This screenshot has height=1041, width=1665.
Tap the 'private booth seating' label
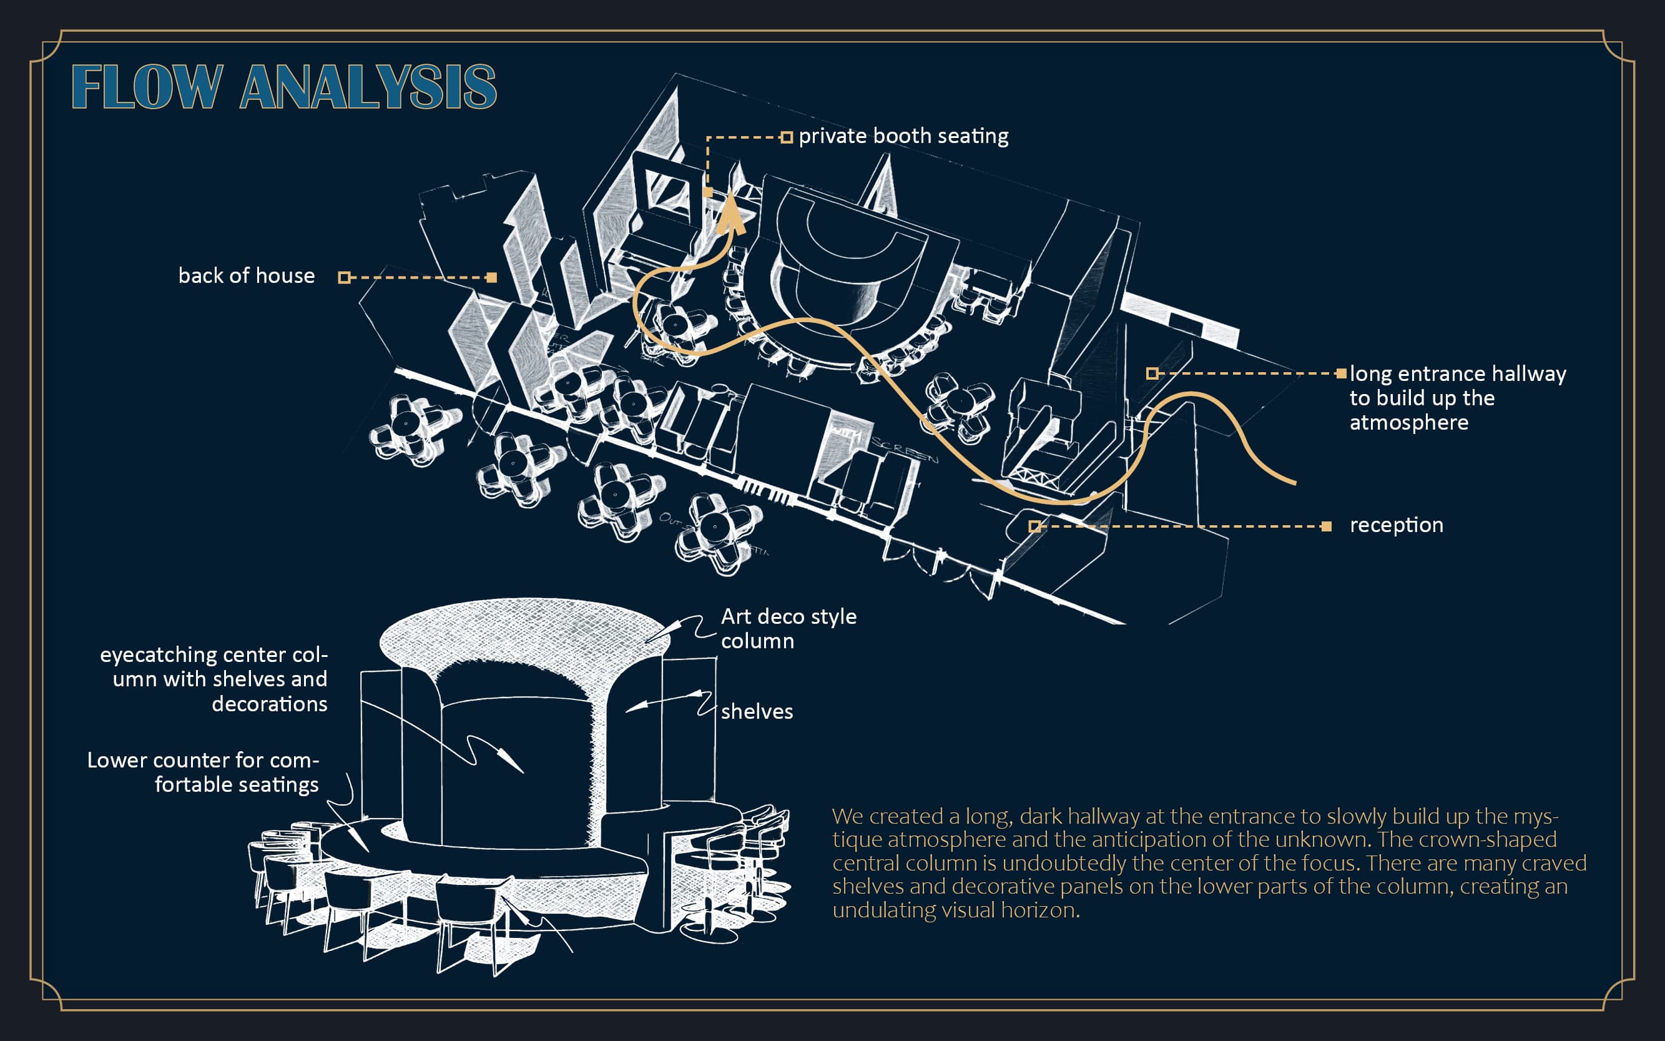pyautogui.click(x=903, y=136)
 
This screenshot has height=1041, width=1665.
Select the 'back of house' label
pyautogui.click(x=247, y=276)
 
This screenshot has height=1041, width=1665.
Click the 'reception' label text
pyautogui.click(x=1396, y=525)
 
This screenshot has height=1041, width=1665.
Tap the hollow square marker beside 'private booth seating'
pyautogui.click(x=786, y=137)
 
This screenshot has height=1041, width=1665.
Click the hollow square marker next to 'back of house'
pyautogui.click(x=344, y=277)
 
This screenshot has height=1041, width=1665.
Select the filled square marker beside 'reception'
pyautogui.click(x=1327, y=526)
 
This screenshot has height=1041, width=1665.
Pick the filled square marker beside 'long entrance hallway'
pyautogui.click(x=1341, y=373)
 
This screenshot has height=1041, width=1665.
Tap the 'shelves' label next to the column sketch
pyautogui.click(x=757, y=712)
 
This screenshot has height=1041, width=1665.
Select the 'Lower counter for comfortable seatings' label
pyautogui.click(x=203, y=772)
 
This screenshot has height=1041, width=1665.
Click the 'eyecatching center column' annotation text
pyautogui.click(x=214, y=679)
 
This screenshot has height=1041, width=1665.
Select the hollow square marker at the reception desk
pyautogui.click(x=1034, y=526)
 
